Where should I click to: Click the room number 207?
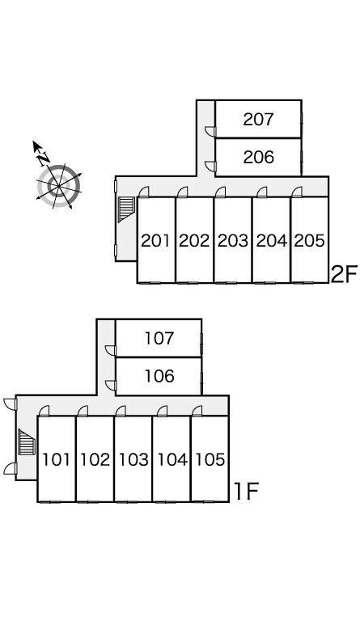point(258,119)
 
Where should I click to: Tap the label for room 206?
point(258,157)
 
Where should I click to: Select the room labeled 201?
point(155,240)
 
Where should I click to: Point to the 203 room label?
point(232,240)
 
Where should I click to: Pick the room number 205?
point(309,240)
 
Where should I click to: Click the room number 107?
point(159,338)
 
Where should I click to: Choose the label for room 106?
point(159,376)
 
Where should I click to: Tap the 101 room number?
point(56,459)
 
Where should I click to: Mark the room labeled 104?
point(172,459)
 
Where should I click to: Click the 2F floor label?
point(344,274)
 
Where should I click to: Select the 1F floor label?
point(246,492)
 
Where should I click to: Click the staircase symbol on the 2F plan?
point(127,209)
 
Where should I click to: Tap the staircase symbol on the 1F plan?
point(27,442)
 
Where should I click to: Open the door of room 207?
point(210,132)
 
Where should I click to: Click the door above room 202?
point(183,192)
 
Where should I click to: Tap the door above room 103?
point(121,412)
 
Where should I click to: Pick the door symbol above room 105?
point(197,412)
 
